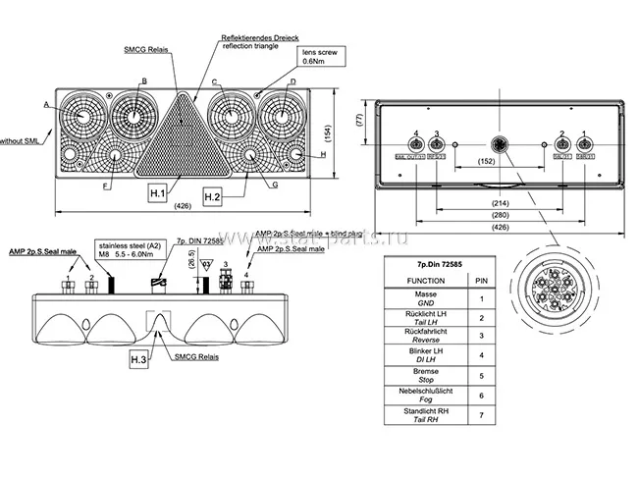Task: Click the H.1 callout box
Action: [159, 192]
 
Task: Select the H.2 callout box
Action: [213, 196]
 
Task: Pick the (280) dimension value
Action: [499, 214]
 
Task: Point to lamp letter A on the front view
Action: [46, 102]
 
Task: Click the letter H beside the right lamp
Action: [323, 154]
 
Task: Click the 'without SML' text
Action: [19, 140]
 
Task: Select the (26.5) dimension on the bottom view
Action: [191, 264]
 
